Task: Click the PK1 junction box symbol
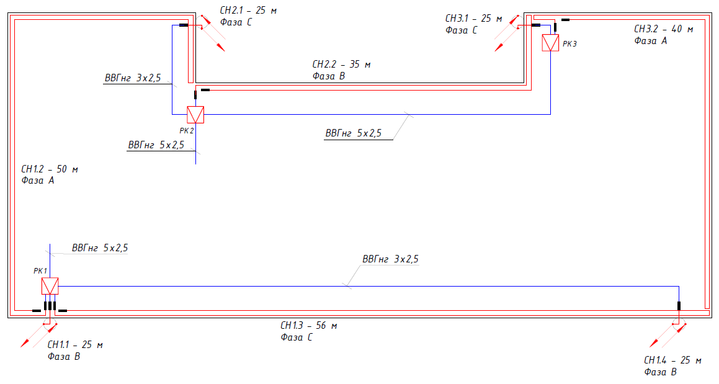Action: coord(50,286)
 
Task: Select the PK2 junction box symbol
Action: coord(195,115)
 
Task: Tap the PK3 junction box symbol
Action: coord(550,43)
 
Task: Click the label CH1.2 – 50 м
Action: coord(50,169)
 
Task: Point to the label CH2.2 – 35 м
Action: coord(341,65)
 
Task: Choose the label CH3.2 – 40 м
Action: coord(663,29)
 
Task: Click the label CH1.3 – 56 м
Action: coord(308,325)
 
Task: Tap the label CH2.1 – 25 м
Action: coord(248,10)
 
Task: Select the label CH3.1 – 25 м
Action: coord(474,19)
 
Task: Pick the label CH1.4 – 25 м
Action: coord(672,360)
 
